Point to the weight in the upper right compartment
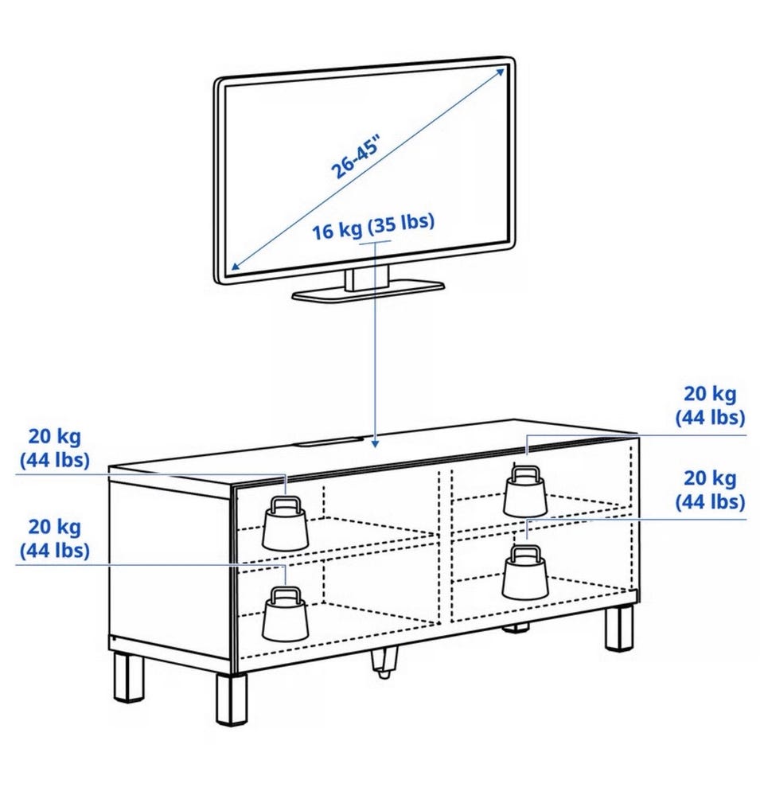(525, 493)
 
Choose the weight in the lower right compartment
(525, 572)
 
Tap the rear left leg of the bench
(127, 676)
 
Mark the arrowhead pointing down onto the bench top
(375, 440)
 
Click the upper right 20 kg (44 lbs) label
(710, 405)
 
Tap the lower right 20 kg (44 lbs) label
(710, 490)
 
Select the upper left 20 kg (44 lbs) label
(55, 447)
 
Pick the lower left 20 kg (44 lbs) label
(55, 538)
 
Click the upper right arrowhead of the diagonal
(500, 72)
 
